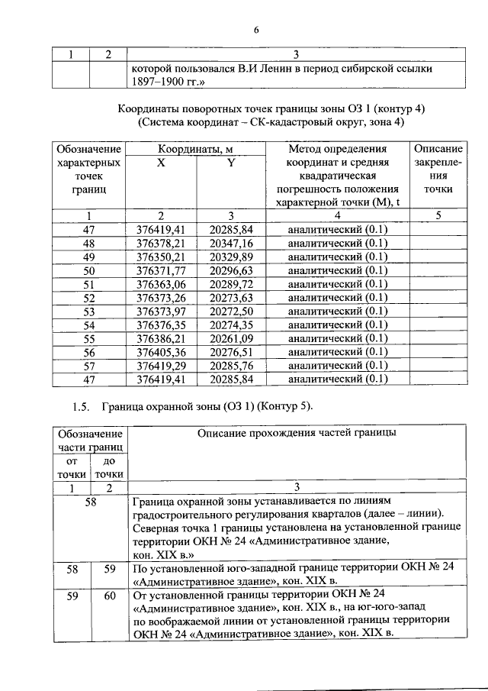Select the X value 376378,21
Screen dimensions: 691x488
pos(161,243)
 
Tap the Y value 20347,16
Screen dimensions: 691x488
pos(231,243)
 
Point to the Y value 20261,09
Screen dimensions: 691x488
pos(231,337)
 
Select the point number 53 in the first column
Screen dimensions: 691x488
pos(89,311)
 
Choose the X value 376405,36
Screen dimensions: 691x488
pos(161,351)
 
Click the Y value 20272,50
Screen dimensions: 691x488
pos(231,311)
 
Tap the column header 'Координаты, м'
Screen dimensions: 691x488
pos(196,148)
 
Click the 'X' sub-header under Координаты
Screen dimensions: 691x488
pos(161,162)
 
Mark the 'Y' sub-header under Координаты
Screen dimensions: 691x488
pos(231,162)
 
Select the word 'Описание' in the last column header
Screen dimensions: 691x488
pos(438,148)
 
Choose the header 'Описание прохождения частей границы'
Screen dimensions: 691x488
pos(297,433)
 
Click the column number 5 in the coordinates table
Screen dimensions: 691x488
pos(438,215)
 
